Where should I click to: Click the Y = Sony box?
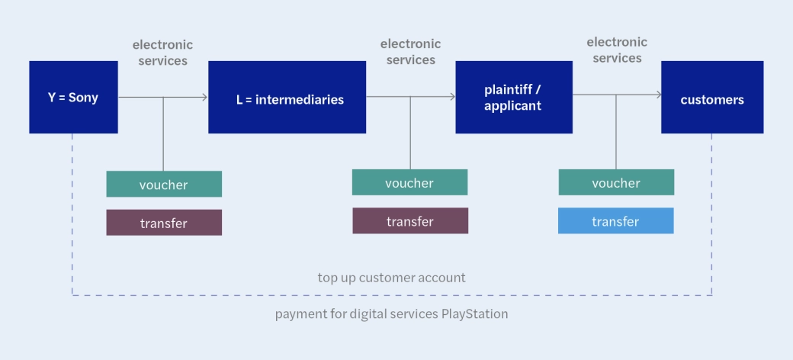73,98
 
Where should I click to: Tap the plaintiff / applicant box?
513,98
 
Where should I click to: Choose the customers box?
711,98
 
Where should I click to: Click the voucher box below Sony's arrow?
164,185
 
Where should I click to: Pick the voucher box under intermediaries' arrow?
409,183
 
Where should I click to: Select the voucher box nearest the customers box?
616,183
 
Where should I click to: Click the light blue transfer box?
616,221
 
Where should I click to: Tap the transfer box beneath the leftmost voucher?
164,223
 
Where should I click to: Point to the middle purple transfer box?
409,221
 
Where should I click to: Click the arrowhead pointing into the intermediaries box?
204,97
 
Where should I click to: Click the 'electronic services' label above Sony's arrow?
163,53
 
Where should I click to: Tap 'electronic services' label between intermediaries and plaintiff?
410,52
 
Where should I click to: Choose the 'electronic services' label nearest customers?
617,50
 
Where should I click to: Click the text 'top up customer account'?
391,277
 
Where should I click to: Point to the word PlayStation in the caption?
474,313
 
